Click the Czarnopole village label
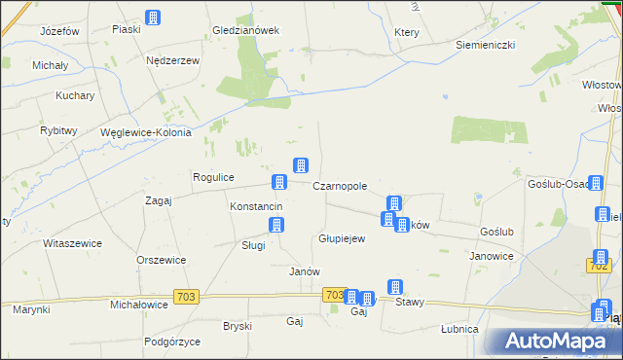point(340,186)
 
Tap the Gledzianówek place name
point(246,30)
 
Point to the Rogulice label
point(214,177)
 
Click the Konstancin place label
point(256,207)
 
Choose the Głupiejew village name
point(342,238)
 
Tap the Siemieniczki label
point(486,46)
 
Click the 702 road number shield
point(600,265)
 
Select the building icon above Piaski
point(153,17)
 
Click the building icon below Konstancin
point(277,225)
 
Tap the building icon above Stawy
point(395,286)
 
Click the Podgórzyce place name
point(171,342)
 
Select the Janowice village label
point(492,256)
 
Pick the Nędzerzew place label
point(172,60)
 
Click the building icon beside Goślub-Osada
point(595,182)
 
